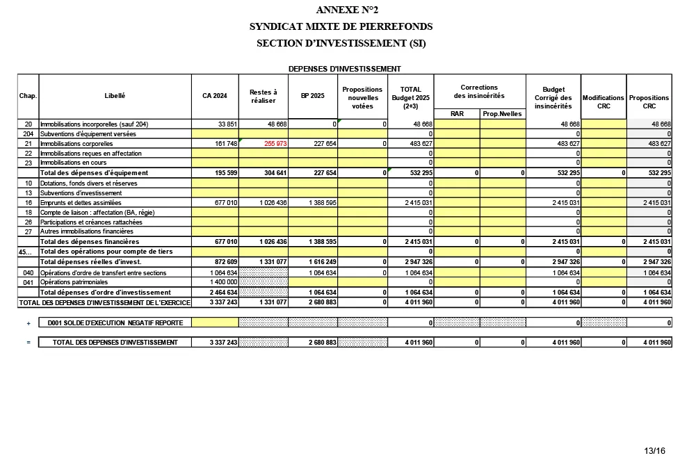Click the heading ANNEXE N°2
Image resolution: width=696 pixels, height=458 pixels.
[341, 10]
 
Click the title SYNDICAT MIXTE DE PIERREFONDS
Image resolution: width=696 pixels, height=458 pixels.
[341, 26]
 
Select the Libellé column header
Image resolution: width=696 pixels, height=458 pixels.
[115, 96]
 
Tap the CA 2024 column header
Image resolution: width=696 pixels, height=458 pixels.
[215, 96]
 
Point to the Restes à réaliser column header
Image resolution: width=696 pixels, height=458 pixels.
[264, 96]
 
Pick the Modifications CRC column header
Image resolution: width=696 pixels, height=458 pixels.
[604, 102]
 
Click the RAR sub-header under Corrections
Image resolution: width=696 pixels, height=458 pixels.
[457, 113]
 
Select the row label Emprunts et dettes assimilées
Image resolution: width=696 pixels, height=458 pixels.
[81, 202]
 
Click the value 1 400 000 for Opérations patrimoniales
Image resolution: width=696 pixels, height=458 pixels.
[224, 283]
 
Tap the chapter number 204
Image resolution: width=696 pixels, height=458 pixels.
[29, 133]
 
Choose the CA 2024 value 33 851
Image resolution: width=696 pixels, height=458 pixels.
[227, 124]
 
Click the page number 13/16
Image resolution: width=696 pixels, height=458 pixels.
[654, 451]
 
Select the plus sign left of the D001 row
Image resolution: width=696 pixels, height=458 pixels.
[29, 323]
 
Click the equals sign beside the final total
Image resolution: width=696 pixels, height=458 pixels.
[29, 343]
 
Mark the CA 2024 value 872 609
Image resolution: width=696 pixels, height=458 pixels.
[225, 262]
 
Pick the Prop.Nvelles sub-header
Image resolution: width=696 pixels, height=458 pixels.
[502, 113]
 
